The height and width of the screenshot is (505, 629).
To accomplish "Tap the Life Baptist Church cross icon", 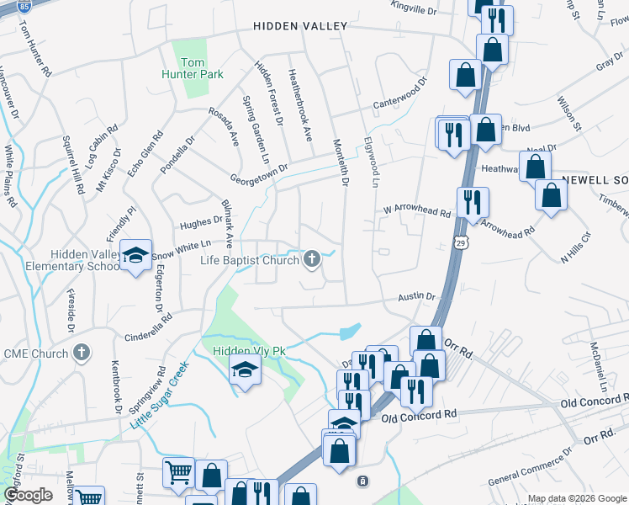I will [x=312, y=259].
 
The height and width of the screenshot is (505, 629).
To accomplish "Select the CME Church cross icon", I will [x=82, y=353].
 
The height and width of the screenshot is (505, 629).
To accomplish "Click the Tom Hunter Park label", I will [x=193, y=68].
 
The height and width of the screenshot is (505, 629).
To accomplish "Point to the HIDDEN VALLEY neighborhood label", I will [x=300, y=27].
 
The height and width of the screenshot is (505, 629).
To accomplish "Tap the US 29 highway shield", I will [x=460, y=242].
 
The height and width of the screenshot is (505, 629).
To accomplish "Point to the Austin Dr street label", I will [x=417, y=296].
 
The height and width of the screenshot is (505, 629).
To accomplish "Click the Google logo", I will [x=28, y=496].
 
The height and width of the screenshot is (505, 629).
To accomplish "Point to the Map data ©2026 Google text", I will [x=577, y=498].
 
